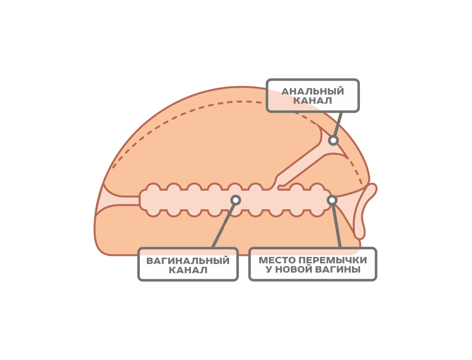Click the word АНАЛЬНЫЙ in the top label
tap(313, 91)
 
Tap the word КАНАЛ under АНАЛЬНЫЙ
tap(313, 101)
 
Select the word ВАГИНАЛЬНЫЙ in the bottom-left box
tap(188, 261)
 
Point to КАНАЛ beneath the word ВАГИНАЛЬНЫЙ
tap(188, 270)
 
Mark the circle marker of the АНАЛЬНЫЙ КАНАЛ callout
tap(333, 140)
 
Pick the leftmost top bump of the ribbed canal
tap(153, 187)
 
